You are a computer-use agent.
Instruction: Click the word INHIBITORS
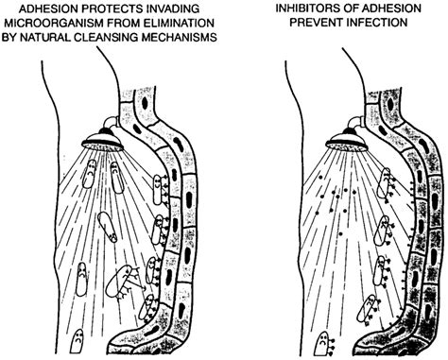pyautogui.click(x=305, y=8)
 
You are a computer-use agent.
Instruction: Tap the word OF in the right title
pyautogui.click(x=353, y=8)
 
